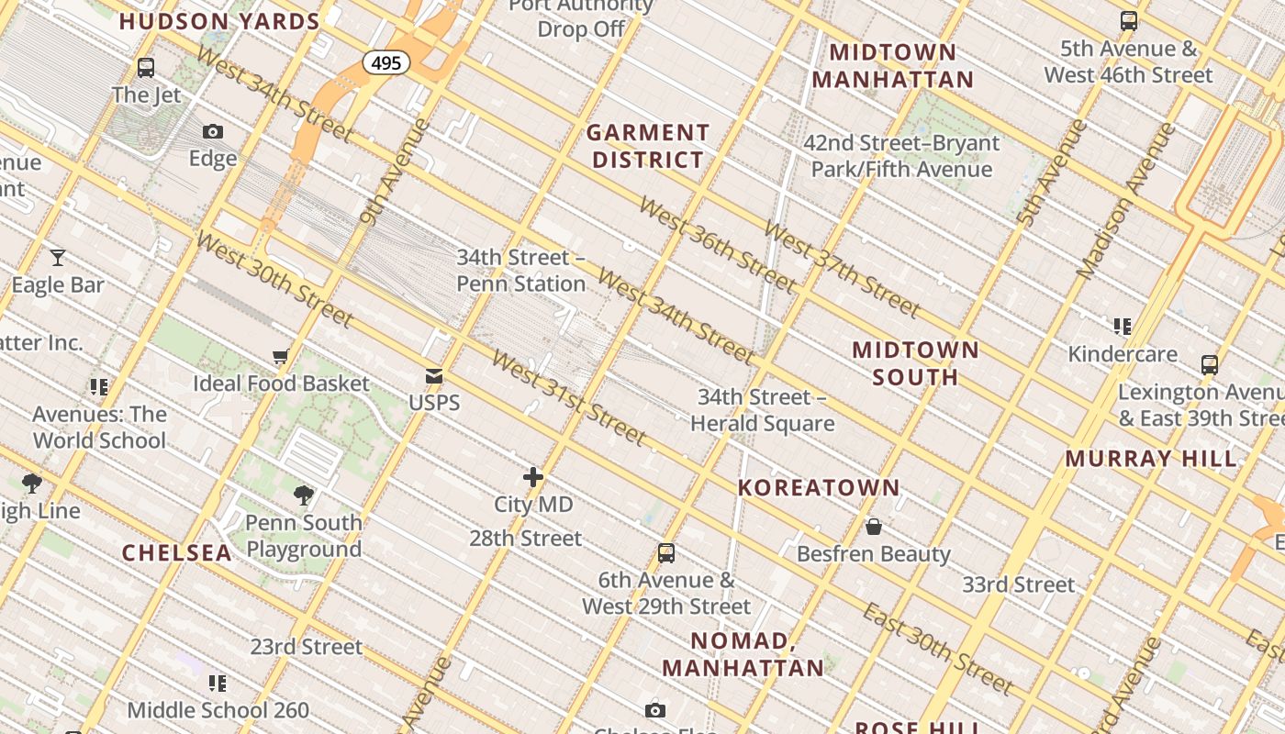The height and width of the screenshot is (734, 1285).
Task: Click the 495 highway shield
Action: pyautogui.click(x=386, y=62)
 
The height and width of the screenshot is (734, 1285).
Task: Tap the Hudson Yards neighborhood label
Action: pyautogui.click(x=219, y=21)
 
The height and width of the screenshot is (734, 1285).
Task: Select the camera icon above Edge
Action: pyautogui.click(x=213, y=132)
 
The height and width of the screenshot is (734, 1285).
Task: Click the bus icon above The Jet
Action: pyautogui.click(x=146, y=67)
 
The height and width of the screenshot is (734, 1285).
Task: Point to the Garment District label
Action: pyautogui.click(x=648, y=146)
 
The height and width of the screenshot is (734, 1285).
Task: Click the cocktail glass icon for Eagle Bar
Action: pyautogui.click(x=58, y=258)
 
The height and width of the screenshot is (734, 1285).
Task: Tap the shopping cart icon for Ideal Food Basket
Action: pyautogui.click(x=281, y=356)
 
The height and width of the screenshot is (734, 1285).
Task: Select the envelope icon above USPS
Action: pyautogui.click(x=434, y=376)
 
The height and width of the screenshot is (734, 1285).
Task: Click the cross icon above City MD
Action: pyautogui.click(x=533, y=477)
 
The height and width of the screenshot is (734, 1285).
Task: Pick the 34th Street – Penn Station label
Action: pyautogui.click(x=521, y=271)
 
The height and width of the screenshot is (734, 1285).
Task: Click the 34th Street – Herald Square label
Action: pyautogui.click(x=762, y=410)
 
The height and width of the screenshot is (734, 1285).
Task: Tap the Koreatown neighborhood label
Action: pyautogui.click(x=819, y=487)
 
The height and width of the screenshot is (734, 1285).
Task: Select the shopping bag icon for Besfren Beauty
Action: pyautogui.click(x=874, y=527)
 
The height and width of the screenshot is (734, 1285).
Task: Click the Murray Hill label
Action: pyautogui.click(x=1151, y=458)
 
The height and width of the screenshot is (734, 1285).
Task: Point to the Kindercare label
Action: pyautogui.click(x=1123, y=354)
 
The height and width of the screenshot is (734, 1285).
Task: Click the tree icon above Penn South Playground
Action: pyautogui.click(x=304, y=496)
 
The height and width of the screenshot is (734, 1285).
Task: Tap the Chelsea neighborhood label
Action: pyautogui.click(x=177, y=552)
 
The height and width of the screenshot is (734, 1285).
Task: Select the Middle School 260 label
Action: pyautogui.click(x=218, y=709)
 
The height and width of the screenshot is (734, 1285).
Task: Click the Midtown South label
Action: pyautogui.click(x=915, y=363)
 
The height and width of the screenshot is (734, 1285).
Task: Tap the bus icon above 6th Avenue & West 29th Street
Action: pyautogui.click(x=666, y=553)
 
